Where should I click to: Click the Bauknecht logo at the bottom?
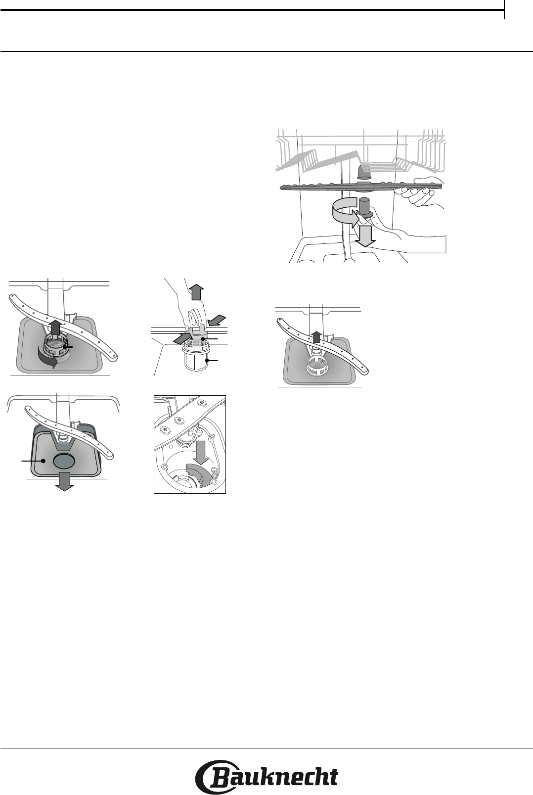click(266, 777)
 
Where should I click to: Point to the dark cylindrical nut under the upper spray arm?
click(365, 208)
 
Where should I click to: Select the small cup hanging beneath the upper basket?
click(364, 171)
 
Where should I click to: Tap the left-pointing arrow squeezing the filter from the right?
click(217, 320)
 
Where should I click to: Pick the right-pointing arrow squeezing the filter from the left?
click(182, 338)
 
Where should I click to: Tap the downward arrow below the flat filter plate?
click(65, 481)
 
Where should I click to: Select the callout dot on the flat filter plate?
click(43, 461)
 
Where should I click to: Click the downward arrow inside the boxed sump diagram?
click(201, 452)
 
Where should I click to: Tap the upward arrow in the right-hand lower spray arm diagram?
click(316, 337)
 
